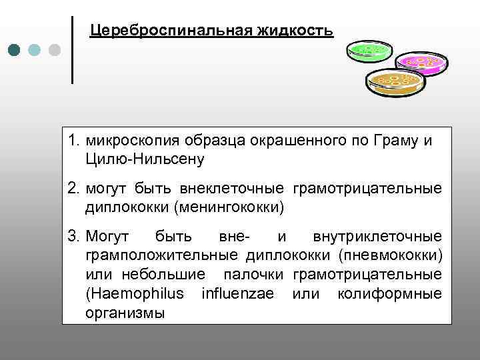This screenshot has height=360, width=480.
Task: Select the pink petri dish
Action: tap(419, 63)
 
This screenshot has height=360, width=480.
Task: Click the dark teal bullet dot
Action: tap(14, 51)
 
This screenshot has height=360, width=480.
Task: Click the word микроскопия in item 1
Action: tap(133, 141)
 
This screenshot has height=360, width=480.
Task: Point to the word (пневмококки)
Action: tap(389, 255)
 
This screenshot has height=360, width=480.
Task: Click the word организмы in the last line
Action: tap(125, 313)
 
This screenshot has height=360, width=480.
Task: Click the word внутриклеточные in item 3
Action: tap(377, 237)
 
